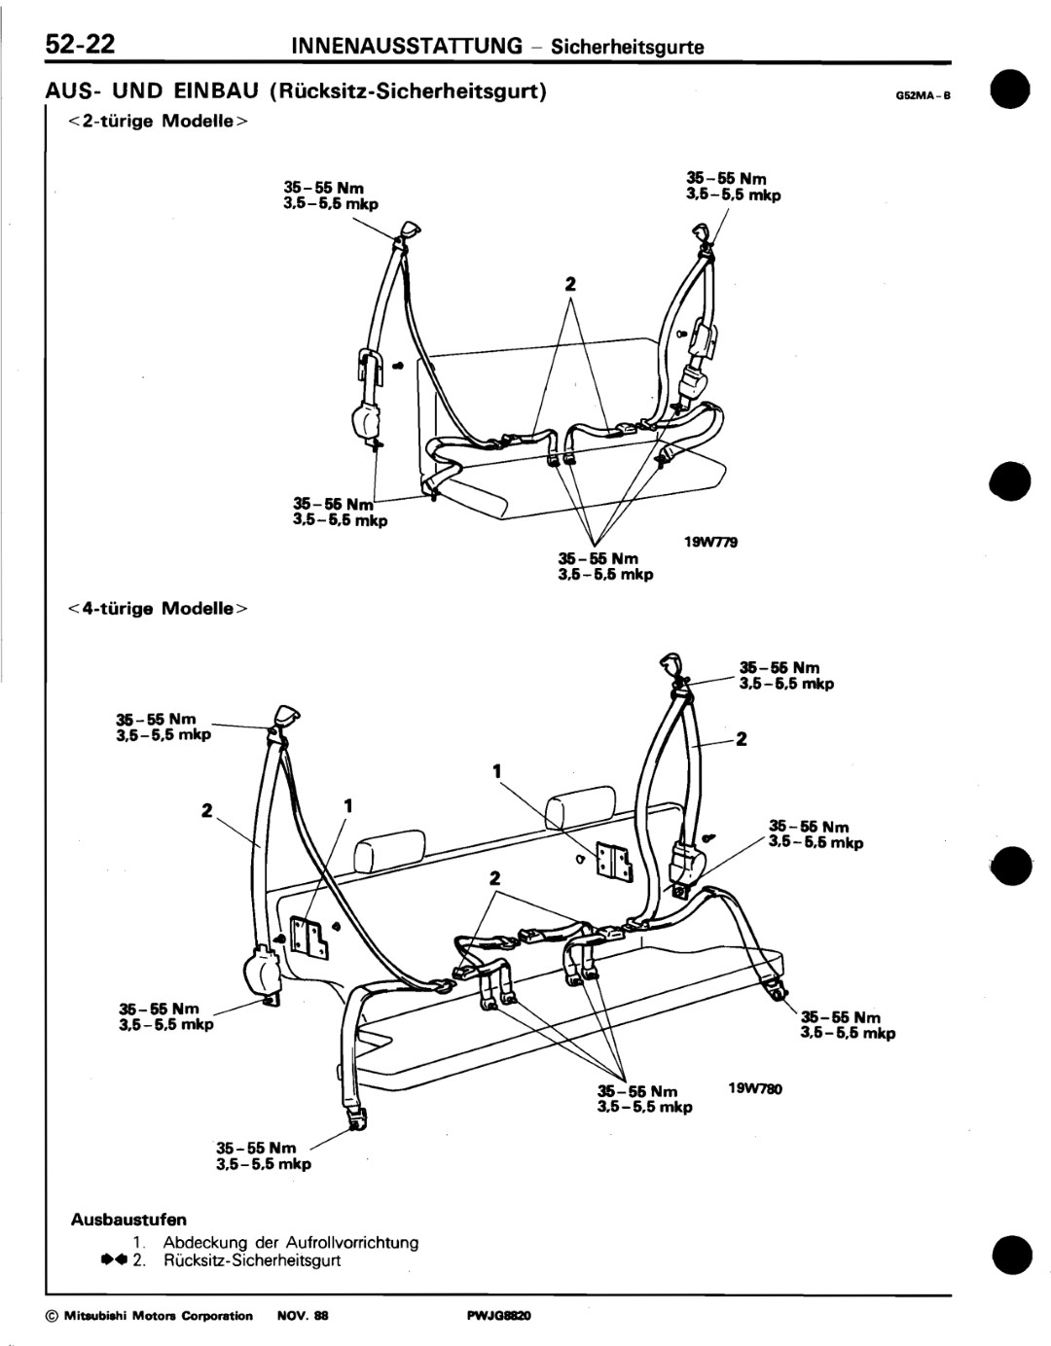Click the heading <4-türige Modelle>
click(159, 609)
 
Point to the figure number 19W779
click(710, 543)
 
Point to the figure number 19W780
click(754, 1089)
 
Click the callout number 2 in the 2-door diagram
click(570, 285)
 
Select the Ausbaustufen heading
click(128, 1219)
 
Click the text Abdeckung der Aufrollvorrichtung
click(291, 1242)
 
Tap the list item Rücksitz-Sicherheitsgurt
click(252, 1260)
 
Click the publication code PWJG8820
click(499, 1316)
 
